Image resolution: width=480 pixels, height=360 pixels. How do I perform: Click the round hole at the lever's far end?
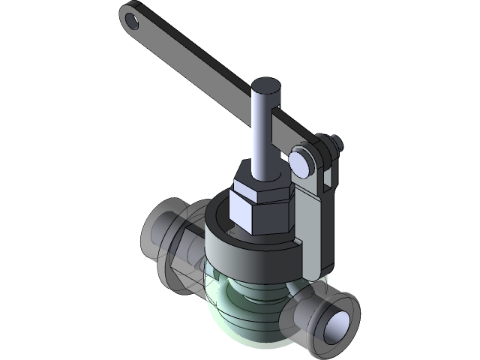[x=133, y=21]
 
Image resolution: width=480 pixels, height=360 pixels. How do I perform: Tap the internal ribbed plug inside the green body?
[x=255, y=296]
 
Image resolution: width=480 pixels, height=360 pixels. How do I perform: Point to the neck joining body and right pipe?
[x=300, y=307]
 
